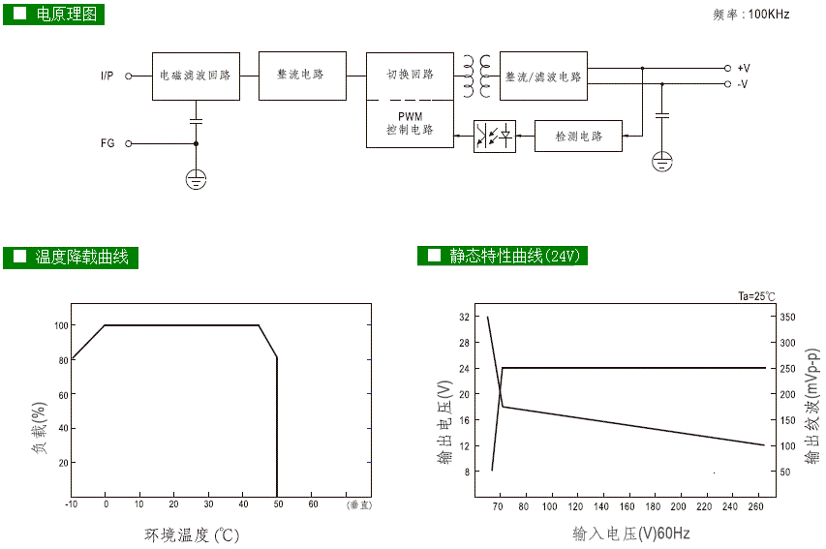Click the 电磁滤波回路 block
[x=195, y=76]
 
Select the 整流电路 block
[x=302, y=76]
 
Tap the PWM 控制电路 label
[x=410, y=123]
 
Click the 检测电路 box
[x=578, y=137]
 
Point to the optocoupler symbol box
[x=494, y=137]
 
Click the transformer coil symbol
[x=475, y=76]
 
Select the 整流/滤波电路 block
[x=543, y=76]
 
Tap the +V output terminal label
[x=743, y=69]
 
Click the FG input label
[x=107, y=143]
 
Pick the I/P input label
[x=107, y=76]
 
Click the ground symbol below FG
[x=196, y=177]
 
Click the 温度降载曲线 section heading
[x=81, y=257]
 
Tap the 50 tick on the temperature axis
[x=278, y=504]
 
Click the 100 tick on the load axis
[x=61, y=326]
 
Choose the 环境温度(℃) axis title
[x=192, y=534]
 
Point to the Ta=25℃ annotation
[x=756, y=296]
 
